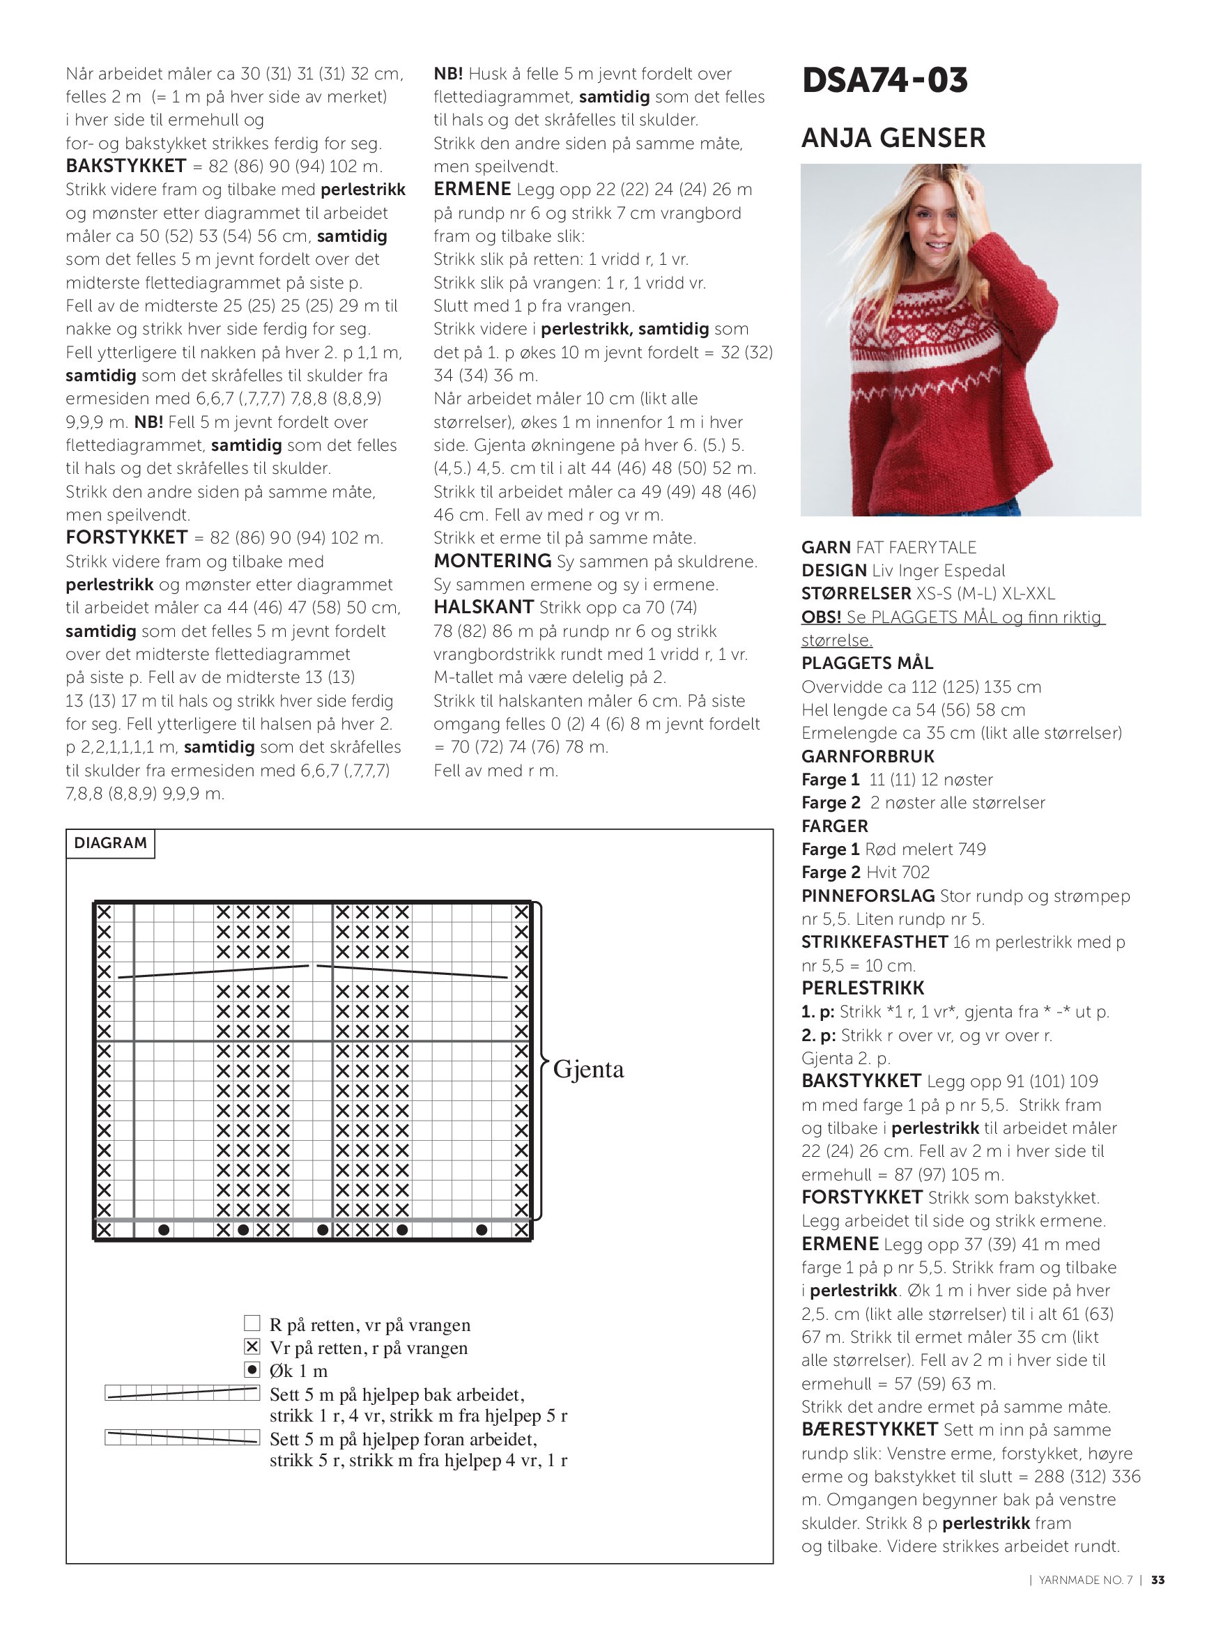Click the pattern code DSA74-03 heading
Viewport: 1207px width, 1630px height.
[884, 80]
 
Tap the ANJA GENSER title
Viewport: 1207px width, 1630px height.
[893, 137]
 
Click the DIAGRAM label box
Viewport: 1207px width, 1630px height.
[110, 843]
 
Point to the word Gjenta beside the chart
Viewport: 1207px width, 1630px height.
[588, 1069]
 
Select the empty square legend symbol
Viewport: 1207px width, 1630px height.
[252, 1323]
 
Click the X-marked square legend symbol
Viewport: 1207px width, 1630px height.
[252, 1346]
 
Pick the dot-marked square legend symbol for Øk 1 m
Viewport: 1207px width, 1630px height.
[252, 1370]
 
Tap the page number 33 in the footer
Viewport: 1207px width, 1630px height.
[1158, 1581]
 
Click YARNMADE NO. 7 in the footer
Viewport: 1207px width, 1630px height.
[1085, 1581]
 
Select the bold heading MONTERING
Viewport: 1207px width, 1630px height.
[492, 561]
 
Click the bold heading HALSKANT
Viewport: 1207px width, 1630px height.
[483, 607]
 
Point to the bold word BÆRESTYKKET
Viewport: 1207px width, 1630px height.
[869, 1429]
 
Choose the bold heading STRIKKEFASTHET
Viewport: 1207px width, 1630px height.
[874, 941]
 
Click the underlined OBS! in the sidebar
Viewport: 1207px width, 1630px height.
[820, 617]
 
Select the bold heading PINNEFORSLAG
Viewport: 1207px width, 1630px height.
[867, 895]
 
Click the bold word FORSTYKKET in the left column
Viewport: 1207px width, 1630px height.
[126, 538]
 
